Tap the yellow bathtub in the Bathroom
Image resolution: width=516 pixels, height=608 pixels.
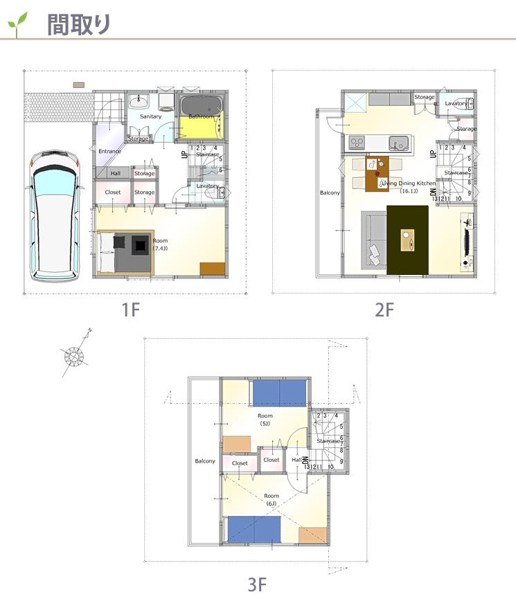pos(199,125)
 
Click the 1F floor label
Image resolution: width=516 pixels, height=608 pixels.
pos(131,310)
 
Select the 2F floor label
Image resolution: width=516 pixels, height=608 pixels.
pos(384,310)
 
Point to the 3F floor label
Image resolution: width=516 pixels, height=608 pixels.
pos(257,585)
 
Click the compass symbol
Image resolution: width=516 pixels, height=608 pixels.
pos(73,356)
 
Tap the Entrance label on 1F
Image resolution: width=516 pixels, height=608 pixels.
pos(109,151)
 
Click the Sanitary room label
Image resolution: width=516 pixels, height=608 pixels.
pos(150,116)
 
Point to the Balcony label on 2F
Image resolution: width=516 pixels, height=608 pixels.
pos(330,193)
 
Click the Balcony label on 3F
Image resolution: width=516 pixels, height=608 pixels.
pos(204,461)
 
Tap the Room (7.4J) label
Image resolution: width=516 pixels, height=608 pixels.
pos(161,244)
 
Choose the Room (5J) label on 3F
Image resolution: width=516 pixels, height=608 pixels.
pos(265,419)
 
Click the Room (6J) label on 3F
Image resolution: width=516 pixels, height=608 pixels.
pos(272,499)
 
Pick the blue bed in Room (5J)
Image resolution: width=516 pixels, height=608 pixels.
pos(278,393)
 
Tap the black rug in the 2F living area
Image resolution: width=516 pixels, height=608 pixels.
pos(407,240)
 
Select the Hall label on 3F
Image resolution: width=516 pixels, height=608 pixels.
pos(296,460)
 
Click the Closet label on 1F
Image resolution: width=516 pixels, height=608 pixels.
pos(113,192)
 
